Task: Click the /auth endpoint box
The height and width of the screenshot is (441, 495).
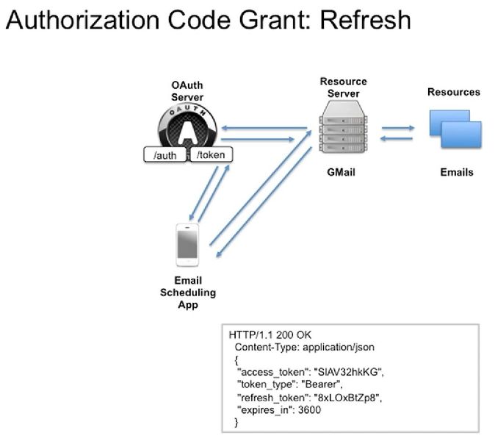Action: point(165,155)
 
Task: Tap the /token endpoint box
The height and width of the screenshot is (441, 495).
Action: point(211,154)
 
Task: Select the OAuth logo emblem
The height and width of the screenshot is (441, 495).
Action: point(187,126)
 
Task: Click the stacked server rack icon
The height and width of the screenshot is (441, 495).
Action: point(343,127)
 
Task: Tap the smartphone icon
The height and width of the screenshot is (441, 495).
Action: point(187,245)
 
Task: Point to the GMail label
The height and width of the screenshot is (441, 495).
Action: point(341,172)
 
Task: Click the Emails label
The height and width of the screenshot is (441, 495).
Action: point(457,172)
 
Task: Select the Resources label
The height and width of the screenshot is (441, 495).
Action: point(454,92)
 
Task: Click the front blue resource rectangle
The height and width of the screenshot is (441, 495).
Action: point(461,135)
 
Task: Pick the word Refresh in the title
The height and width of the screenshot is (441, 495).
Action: point(365,20)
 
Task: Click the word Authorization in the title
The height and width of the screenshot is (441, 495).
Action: point(82,20)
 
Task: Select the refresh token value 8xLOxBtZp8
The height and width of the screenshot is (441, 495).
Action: point(347,398)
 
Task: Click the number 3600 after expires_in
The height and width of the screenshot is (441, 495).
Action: point(309,410)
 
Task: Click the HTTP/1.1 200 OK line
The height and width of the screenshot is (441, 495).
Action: point(270,335)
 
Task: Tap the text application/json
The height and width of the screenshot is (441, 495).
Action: point(339,347)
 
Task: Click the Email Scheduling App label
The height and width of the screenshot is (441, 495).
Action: point(188,293)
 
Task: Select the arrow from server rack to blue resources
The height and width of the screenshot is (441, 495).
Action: point(398,128)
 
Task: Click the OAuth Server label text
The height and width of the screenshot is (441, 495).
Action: point(187,91)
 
